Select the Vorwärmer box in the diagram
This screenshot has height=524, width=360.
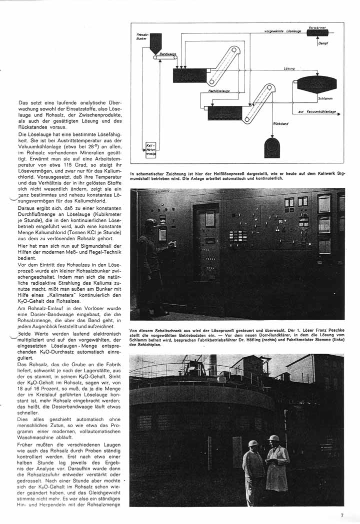[x=317, y=32]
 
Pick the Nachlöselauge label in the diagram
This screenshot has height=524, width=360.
[x=219, y=91]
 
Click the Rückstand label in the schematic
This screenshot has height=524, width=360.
[x=280, y=123]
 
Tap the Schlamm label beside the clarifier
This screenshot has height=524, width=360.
[x=325, y=98]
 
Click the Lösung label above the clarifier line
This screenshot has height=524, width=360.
[x=289, y=68]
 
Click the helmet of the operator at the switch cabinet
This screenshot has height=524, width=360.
[x=150, y=223]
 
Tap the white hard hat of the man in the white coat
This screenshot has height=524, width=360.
[x=273, y=438]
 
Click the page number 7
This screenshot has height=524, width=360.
[x=342, y=515]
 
